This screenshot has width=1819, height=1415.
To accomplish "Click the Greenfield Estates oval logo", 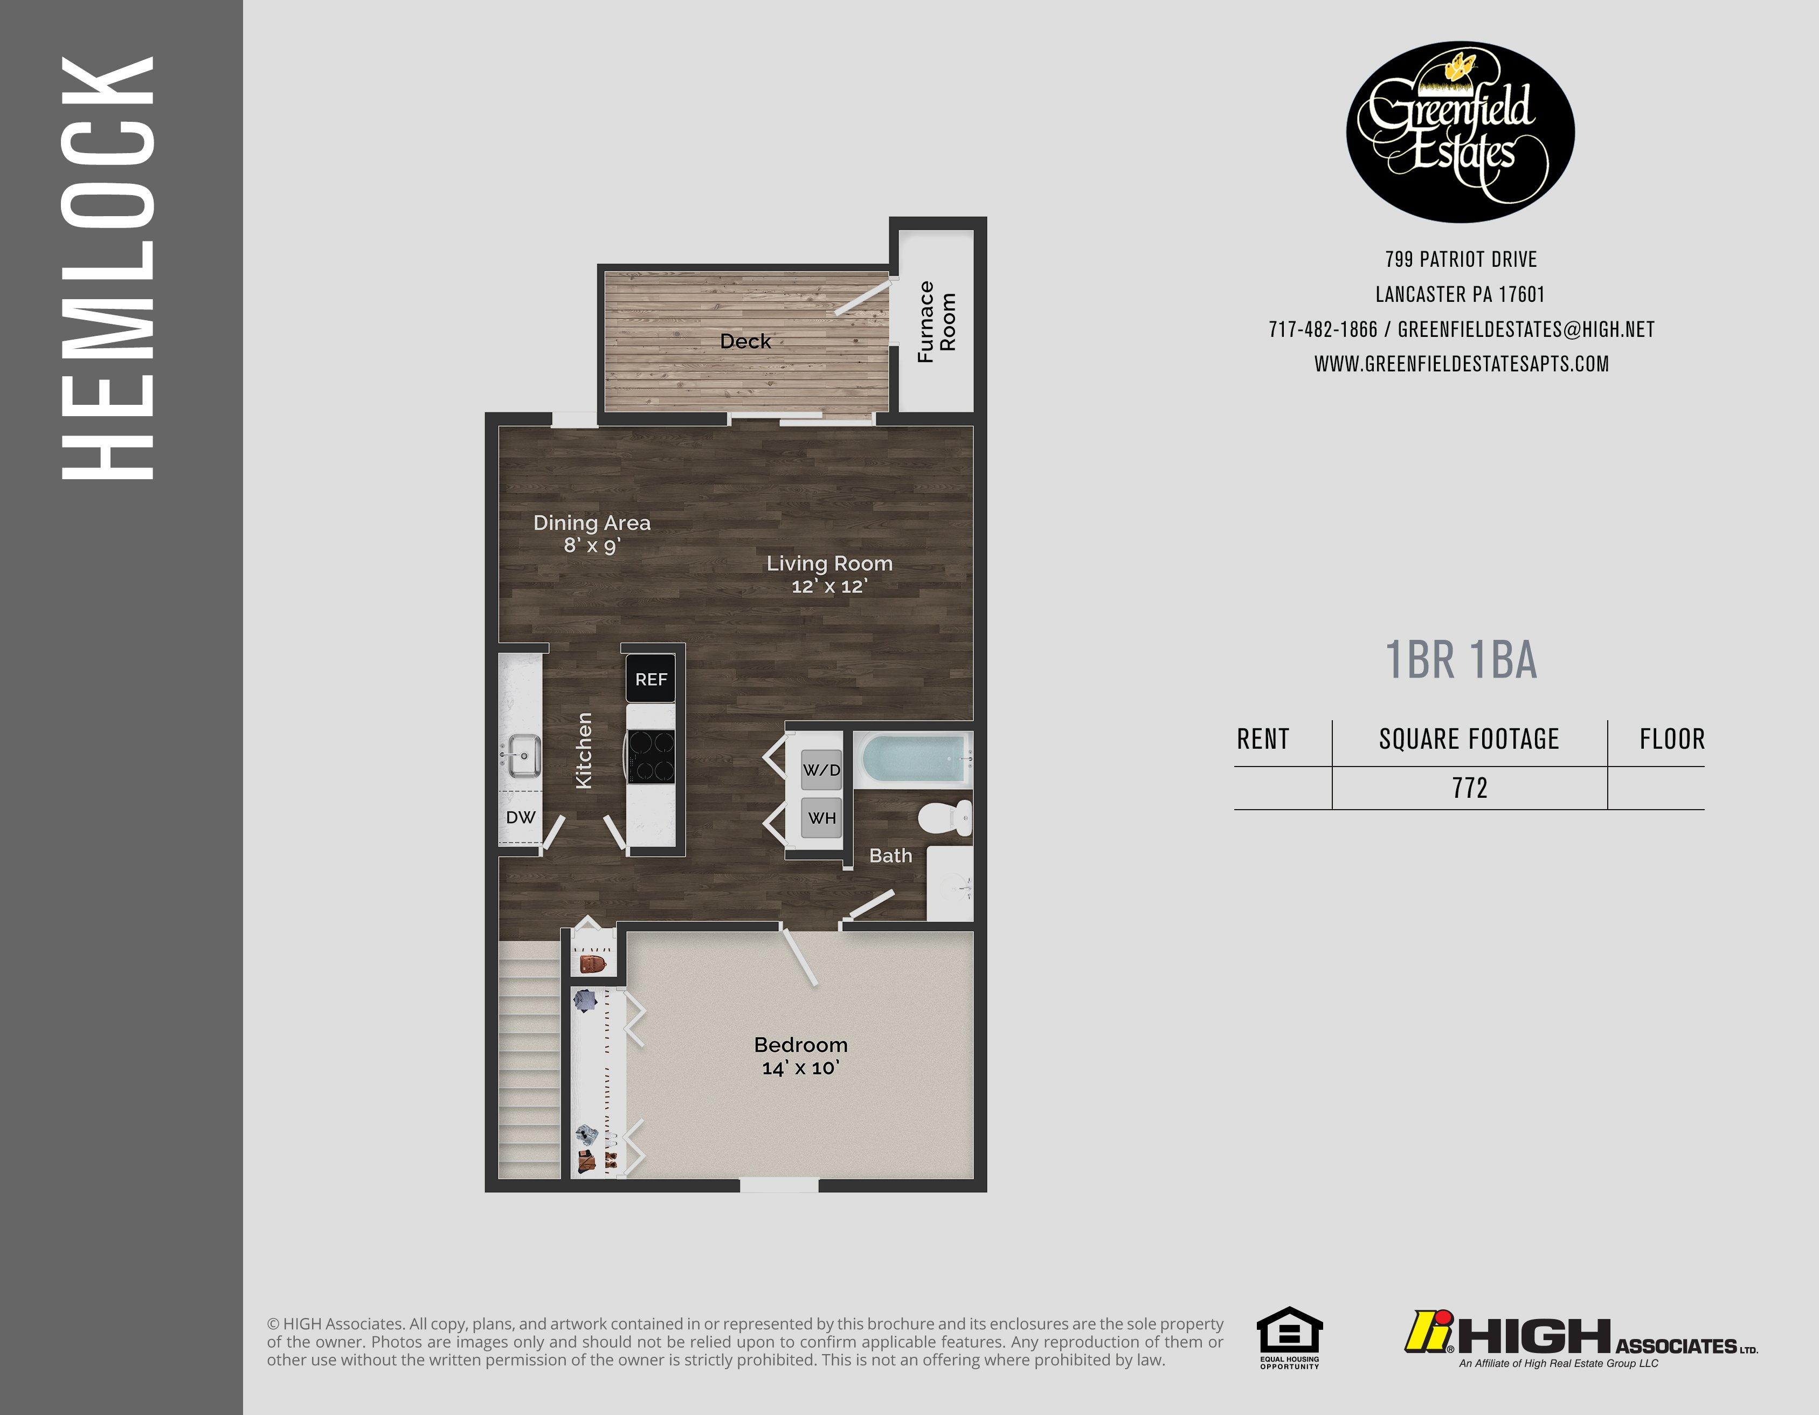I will click(1460, 132).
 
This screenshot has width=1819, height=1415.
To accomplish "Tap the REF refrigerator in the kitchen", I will click(651, 679).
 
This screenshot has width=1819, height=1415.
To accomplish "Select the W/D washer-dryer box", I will click(821, 770).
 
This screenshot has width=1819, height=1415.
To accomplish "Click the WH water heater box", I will click(821, 817).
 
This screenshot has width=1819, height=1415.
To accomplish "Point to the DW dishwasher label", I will click(521, 817).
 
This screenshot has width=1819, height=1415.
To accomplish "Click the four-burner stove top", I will click(651, 755).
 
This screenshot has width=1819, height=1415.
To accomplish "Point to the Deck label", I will click(745, 341).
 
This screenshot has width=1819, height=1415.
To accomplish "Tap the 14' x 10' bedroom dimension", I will click(800, 1068).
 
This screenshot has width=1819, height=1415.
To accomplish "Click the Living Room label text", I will click(829, 564).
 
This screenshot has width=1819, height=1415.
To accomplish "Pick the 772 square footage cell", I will click(1469, 788).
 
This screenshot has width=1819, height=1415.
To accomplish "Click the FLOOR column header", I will click(1671, 738).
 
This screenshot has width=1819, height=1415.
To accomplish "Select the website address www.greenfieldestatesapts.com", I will click(1461, 364).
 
